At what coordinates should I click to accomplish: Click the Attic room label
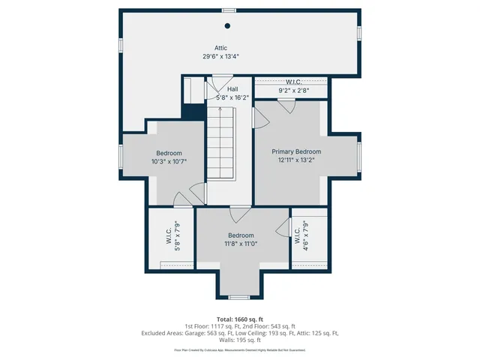click(x=220, y=48)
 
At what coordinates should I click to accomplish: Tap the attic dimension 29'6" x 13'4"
click(x=220, y=56)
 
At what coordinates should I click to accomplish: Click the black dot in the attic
click(x=228, y=25)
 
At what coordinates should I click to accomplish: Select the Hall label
click(x=222, y=89)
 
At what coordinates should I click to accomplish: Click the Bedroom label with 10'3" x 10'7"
click(x=169, y=153)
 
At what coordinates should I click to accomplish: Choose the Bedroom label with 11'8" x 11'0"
click(x=241, y=235)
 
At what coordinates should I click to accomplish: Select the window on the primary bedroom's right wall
click(x=359, y=157)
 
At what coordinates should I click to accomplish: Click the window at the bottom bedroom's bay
click(x=240, y=297)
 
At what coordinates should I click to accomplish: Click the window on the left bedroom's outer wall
click(x=121, y=157)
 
